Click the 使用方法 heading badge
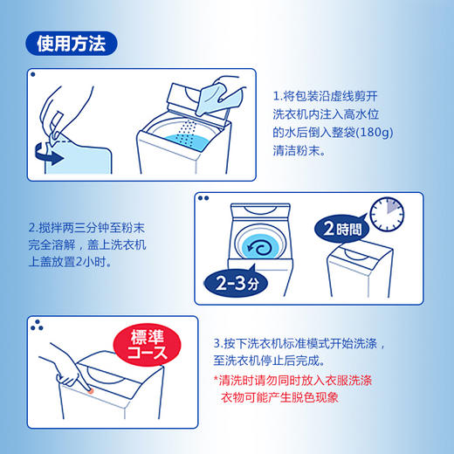pyautogui.click(x=72, y=44)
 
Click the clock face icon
pyautogui.click(x=387, y=215)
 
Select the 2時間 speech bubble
pyautogui.click(x=341, y=229)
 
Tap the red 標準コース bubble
pyautogui.click(x=147, y=345)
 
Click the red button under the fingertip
pyautogui.click(x=91, y=390)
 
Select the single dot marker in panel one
pyautogui.click(x=33, y=74)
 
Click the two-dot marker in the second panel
pyautogui.click(x=203, y=198)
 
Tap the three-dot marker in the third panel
pyautogui.click(x=37, y=326)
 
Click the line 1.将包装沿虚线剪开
pyautogui.click(x=326, y=96)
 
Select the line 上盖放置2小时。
pyautogui.click(x=70, y=262)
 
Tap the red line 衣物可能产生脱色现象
pyautogui.click(x=279, y=397)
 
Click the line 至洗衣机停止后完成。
pyautogui.click(x=269, y=361)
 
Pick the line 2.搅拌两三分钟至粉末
pyautogui.click(x=86, y=228)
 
